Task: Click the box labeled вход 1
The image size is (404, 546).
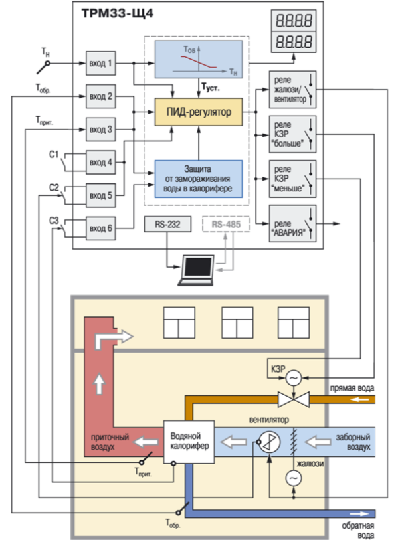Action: click(101, 64)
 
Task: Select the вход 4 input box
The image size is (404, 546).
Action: click(101, 163)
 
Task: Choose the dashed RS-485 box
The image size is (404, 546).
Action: click(227, 225)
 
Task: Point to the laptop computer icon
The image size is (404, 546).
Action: click(199, 267)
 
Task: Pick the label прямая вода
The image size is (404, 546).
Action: click(353, 387)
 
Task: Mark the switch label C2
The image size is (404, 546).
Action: click(54, 187)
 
